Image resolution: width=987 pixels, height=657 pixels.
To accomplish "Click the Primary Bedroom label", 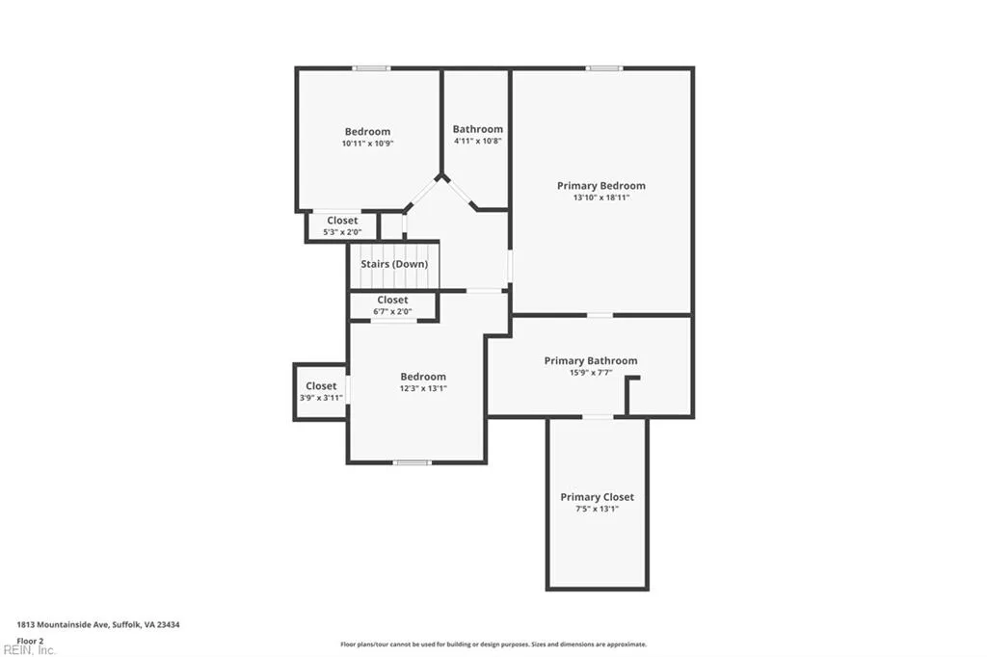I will [x=600, y=186].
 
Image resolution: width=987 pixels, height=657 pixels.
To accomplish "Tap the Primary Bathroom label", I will [x=590, y=361].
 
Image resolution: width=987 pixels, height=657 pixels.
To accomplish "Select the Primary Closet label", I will [x=597, y=497].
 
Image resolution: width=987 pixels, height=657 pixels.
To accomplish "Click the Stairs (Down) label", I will [x=393, y=264].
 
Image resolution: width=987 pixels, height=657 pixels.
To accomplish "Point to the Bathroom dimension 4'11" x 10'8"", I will [x=477, y=142].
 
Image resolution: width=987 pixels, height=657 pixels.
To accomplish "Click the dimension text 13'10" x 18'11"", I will [x=600, y=197].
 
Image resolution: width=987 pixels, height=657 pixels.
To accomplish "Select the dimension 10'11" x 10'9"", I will [x=367, y=144].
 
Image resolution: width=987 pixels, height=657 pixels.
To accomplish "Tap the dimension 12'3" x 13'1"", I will [x=423, y=388].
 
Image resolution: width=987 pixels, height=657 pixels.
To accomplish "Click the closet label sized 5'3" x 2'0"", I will [x=342, y=221].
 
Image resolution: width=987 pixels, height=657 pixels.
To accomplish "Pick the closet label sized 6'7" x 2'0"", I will [x=392, y=301].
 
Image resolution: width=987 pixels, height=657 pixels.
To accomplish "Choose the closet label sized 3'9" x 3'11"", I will [x=321, y=386].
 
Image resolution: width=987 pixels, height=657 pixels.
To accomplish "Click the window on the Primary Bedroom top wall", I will [x=604, y=68].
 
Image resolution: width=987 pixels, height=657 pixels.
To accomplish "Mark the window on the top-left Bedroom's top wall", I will [x=370, y=68].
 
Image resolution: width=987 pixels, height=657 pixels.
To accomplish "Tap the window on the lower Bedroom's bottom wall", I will [x=412, y=462].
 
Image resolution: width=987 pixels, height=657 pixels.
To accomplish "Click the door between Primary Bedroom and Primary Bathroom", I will [x=600, y=315].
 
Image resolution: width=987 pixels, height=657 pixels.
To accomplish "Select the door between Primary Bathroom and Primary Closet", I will [x=598, y=416].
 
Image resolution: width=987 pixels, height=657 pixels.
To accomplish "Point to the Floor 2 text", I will [x=30, y=640].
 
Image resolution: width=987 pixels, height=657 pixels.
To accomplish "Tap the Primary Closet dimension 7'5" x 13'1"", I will [x=597, y=509].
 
